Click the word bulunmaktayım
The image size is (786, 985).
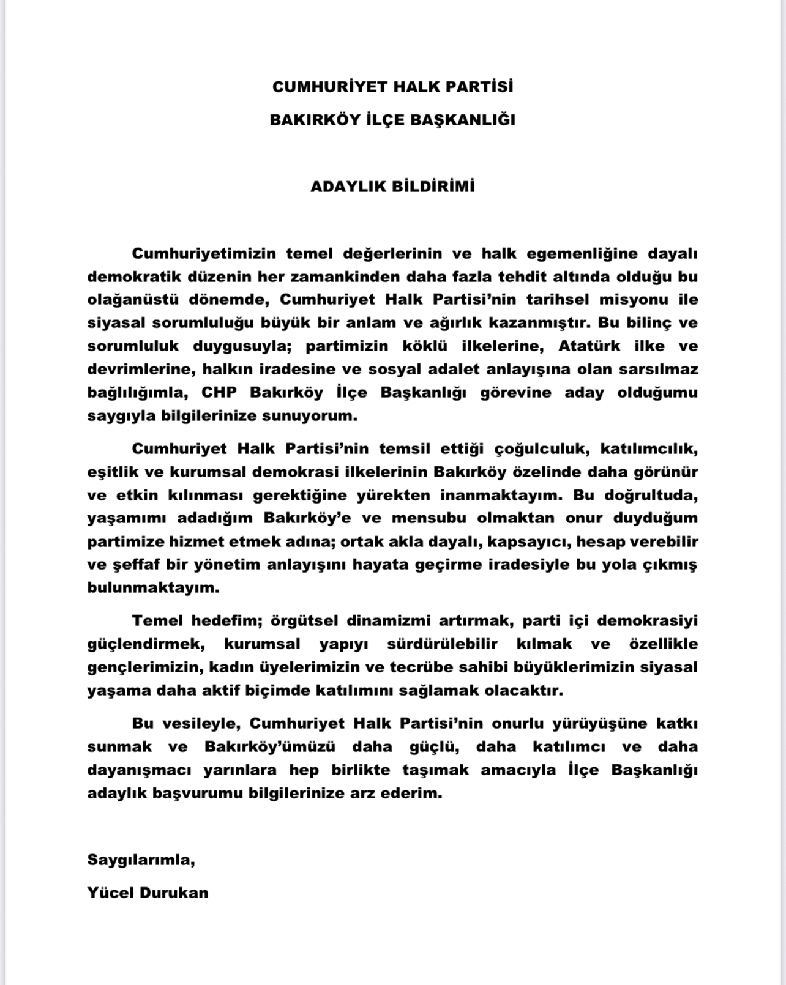click(153, 588)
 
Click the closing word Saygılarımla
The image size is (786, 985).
click(141, 860)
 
